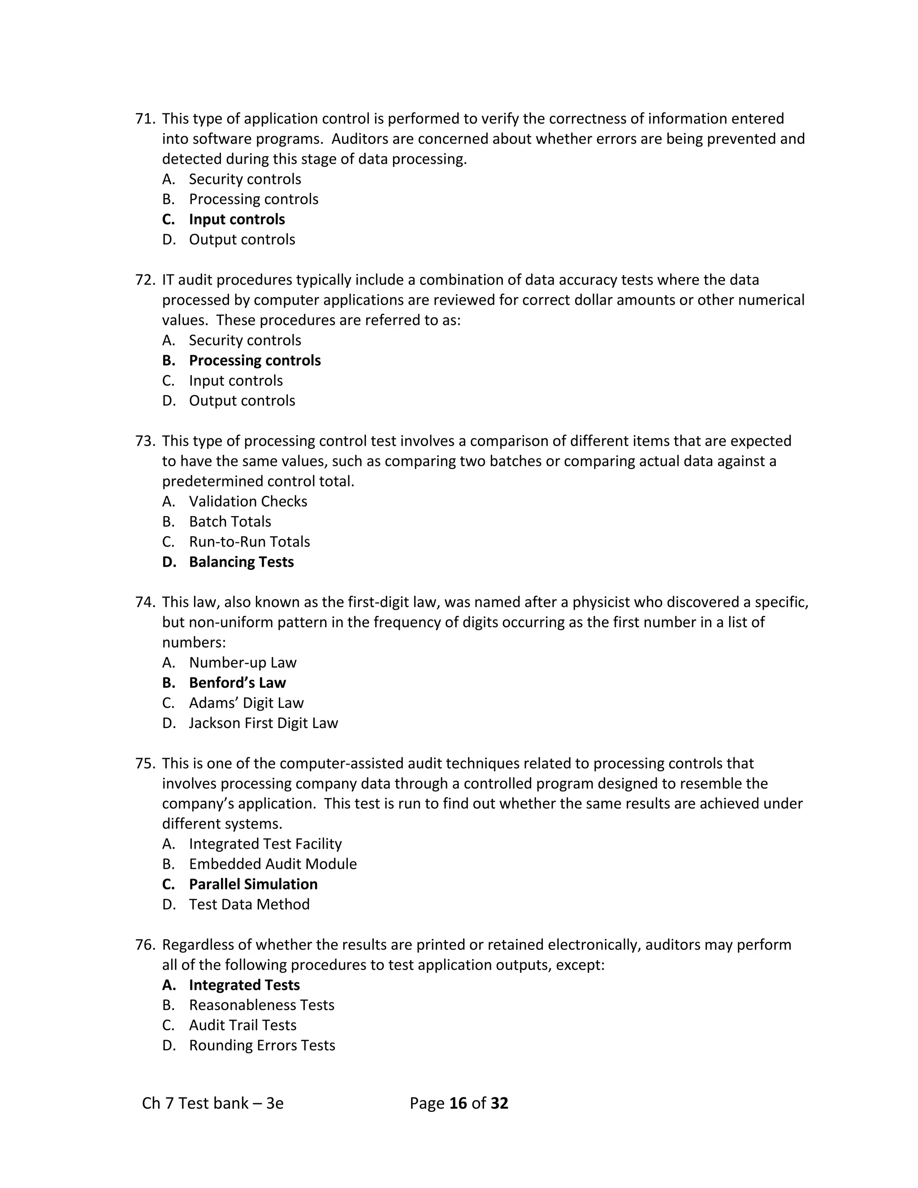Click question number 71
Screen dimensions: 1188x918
(145, 119)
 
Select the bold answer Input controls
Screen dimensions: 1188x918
(237, 219)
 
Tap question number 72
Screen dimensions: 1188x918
(145, 280)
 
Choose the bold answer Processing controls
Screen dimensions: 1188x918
(255, 360)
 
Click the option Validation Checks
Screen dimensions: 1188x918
(248, 501)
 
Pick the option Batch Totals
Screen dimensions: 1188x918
(230, 521)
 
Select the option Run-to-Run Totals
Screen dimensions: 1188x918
(249, 541)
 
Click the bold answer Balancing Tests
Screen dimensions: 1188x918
(242, 561)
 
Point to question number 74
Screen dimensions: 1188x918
(145, 602)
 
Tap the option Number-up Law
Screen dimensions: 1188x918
(242, 662)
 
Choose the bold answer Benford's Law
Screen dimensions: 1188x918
(237, 682)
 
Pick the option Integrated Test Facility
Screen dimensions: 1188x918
(265, 843)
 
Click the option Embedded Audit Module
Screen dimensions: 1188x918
(273, 863)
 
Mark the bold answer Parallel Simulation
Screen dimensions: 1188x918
(253, 884)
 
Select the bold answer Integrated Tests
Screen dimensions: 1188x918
(244, 984)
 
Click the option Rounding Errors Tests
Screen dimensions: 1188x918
(262, 1045)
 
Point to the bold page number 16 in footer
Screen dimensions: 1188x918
(459, 1103)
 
